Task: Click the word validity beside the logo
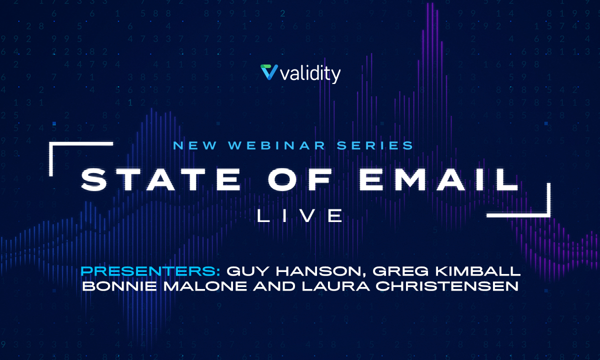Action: (310, 74)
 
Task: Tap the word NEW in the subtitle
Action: (194, 145)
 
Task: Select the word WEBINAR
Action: (276, 145)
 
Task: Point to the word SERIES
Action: (374, 145)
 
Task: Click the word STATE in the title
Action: (160, 179)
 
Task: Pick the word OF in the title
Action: (299, 179)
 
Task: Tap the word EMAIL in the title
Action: (438, 179)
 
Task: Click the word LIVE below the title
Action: (299, 215)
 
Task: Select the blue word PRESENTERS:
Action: (150, 271)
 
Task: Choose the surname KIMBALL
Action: (478, 271)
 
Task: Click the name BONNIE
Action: (119, 286)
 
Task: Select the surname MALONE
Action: (205, 286)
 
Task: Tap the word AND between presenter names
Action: (274, 286)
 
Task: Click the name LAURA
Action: (336, 286)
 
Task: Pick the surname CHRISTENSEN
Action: (447, 286)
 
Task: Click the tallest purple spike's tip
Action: (432, 3)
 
